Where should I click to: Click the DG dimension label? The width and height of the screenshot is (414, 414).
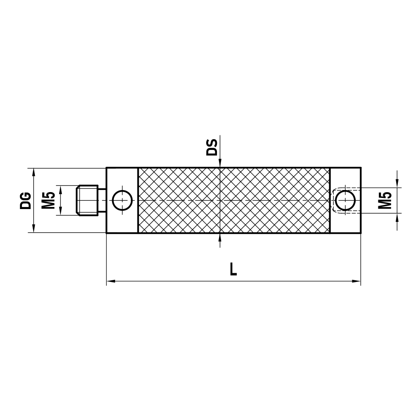click(25, 200)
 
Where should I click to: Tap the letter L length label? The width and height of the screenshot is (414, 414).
click(233, 270)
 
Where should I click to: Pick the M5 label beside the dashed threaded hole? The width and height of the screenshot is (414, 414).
click(386, 200)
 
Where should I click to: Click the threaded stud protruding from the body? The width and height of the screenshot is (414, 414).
click(87, 200)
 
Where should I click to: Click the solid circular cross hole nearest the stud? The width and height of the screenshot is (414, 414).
click(122, 200)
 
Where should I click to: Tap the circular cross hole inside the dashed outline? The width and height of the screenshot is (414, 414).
click(345, 201)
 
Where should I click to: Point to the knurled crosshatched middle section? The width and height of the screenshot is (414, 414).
click(234, 200)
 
